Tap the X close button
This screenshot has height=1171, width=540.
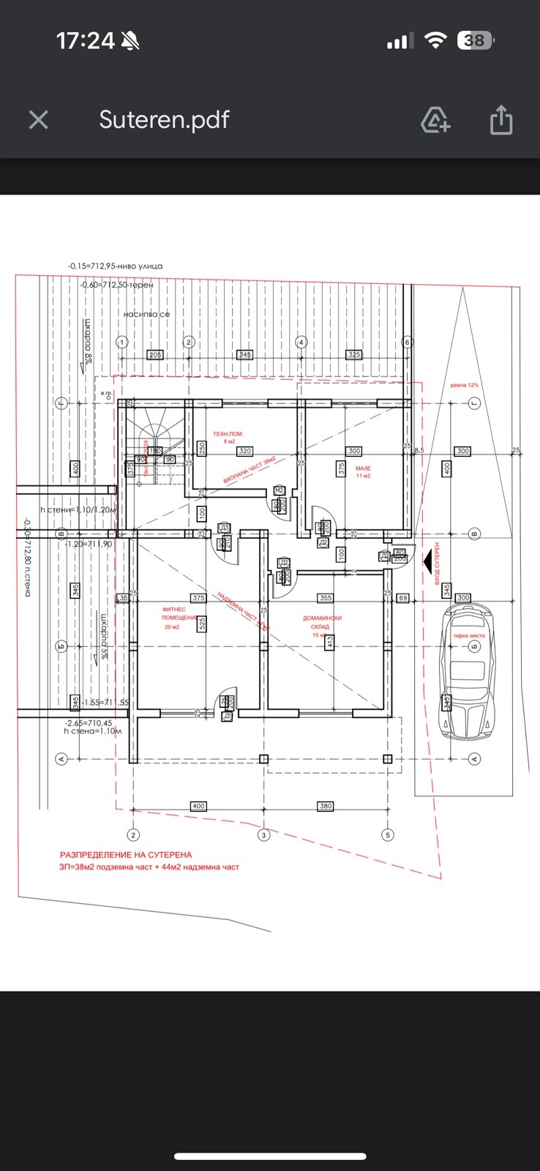(x=39, y=120)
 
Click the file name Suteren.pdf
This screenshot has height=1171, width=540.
(x=164, y=120)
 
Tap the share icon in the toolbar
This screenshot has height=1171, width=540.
(x=500, y=119)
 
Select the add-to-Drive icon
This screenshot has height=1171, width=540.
(x=435, y=120)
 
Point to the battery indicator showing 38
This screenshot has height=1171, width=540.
(x=475, y=41)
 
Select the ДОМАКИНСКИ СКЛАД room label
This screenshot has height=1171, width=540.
(x=322, y=622)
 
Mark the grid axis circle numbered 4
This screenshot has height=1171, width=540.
(x=300, y=342)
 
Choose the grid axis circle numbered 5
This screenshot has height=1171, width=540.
(x=388, y=834)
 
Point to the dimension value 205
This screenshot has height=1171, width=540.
(x=155, y=355)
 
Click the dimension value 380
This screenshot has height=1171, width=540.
(x=326, y=806)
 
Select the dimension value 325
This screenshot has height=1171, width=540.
(x=353, y=355)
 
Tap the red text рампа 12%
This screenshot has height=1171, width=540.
(x=465, y=385)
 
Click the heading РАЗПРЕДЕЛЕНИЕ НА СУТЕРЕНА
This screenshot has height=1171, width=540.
(x=126, y=854)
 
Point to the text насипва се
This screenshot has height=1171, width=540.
(x=146, y=314)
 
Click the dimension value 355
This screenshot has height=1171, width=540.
(x=326, y=598)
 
